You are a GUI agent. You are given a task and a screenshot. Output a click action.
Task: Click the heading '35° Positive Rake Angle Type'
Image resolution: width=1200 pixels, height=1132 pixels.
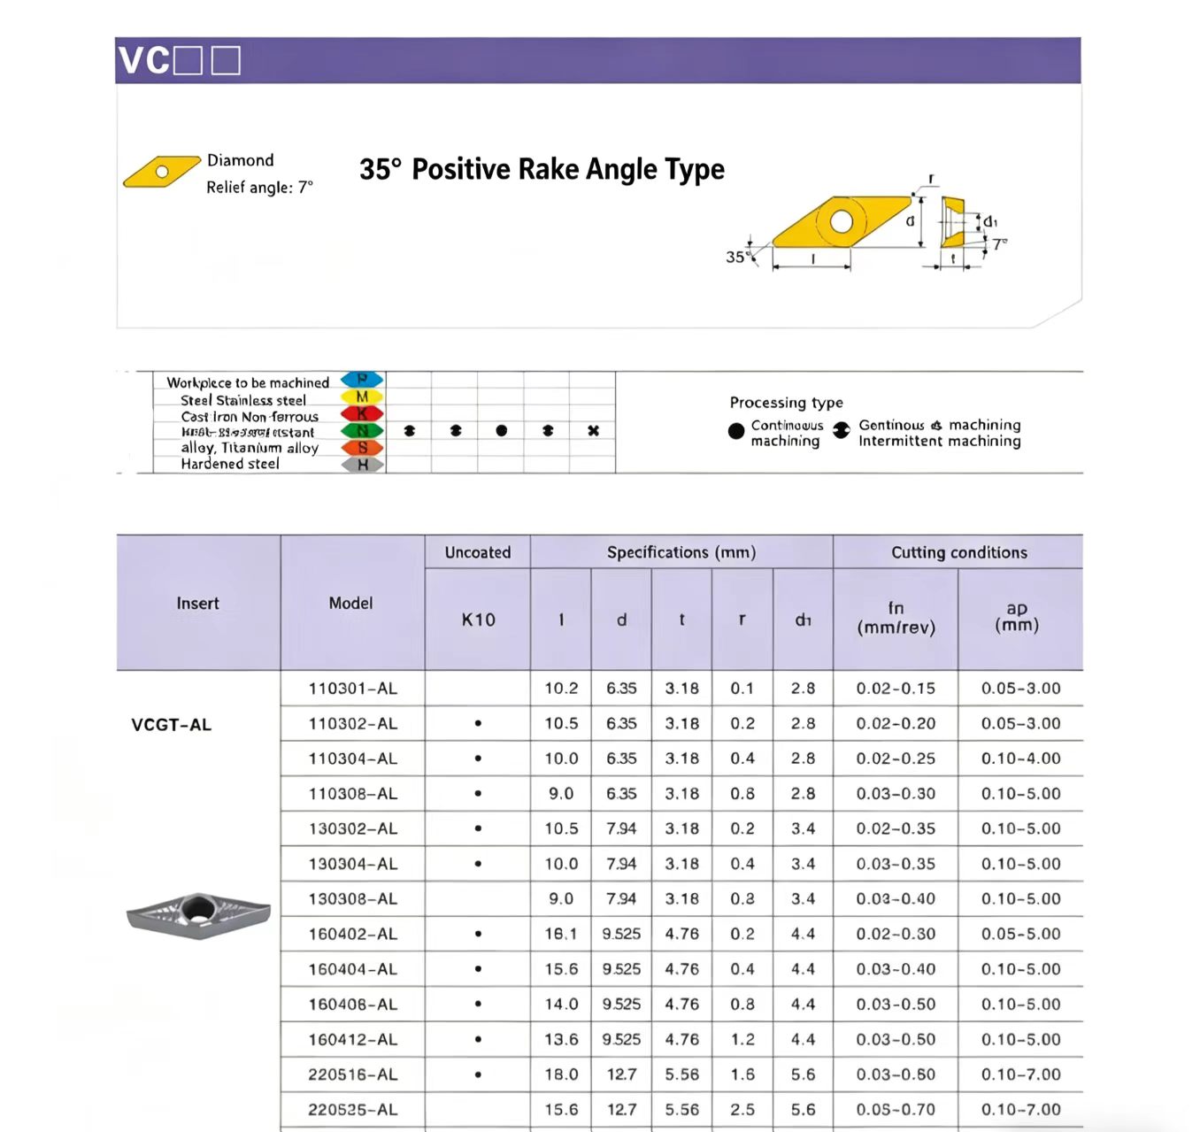pos(542,169)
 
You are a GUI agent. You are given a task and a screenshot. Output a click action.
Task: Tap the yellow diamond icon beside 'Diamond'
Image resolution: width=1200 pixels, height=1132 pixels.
pos(161,172)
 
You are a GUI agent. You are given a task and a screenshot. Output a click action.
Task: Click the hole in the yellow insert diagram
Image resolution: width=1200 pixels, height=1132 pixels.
pos(841,221)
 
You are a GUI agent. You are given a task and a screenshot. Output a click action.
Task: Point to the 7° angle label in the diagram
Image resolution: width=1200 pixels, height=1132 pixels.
pos(999,244)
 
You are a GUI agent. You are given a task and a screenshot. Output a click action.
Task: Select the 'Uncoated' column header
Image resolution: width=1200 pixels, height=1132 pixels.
pos(478,552)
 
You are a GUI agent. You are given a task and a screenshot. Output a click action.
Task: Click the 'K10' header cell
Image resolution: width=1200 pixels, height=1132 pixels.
pos(478,620)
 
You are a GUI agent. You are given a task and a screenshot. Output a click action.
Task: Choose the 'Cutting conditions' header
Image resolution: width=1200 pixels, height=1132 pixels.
pos(958,552)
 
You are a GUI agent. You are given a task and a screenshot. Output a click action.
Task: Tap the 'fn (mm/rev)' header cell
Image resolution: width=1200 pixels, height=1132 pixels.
pos(896,618)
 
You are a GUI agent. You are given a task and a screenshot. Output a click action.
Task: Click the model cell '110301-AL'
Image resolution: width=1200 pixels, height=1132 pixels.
pos(352,689)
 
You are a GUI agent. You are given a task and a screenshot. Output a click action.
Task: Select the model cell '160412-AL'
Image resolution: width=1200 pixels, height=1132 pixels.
pos(352,1039)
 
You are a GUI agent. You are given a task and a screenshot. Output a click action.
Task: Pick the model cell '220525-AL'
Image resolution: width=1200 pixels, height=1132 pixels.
pos(352,1109)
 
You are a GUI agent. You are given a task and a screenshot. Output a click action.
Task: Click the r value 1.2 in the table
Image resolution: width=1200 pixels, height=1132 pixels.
pos(742,1039)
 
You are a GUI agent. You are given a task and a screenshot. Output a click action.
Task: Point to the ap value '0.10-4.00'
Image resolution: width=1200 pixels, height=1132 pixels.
pos(1020,759)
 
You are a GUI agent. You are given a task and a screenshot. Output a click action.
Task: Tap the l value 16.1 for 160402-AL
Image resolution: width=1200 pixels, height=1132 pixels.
pos(561,934)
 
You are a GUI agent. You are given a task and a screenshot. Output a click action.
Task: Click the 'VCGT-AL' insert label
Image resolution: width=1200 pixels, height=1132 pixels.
pos(172,725)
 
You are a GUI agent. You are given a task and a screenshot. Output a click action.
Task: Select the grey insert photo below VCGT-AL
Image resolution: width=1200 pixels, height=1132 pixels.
pos(198,914)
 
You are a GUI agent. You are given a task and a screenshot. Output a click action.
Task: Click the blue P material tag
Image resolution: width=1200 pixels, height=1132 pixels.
pos(362,381)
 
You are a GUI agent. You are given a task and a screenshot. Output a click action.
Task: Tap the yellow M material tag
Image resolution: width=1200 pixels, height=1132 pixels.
pos(362,397)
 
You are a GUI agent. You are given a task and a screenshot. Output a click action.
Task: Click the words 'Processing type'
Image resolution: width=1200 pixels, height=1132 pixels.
pos(786,403)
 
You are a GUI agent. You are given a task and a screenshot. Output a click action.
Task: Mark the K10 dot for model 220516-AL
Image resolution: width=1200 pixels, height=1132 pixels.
pos(478,1074)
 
